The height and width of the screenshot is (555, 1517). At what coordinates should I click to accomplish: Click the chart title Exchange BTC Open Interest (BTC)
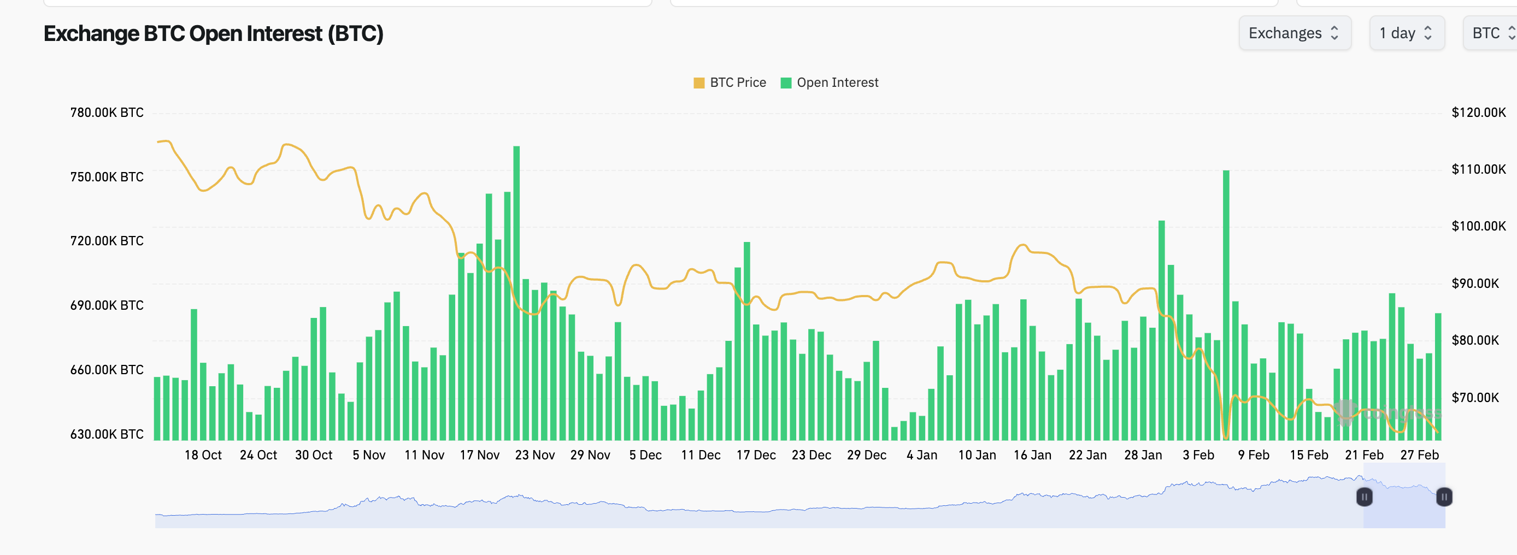(213, 33)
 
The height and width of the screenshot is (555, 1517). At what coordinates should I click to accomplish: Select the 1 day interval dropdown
(1406, 33)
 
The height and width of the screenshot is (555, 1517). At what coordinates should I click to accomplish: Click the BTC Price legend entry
(730, 82)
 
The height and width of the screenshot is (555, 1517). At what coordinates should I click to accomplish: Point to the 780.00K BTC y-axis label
(107, 113)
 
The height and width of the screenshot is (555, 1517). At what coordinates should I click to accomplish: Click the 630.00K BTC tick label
(107, 434)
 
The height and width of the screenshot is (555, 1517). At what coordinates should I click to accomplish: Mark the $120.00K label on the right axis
(1478, 113)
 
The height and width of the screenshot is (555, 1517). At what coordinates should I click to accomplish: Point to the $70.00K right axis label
(1474, 397)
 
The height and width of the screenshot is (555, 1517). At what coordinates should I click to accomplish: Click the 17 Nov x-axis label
(479, 455)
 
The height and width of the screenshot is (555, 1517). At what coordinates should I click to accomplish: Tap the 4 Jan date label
(922, 455)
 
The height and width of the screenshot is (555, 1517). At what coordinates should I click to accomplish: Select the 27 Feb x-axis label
(1419, 455)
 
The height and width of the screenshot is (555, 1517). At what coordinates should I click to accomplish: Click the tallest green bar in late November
(516, 294)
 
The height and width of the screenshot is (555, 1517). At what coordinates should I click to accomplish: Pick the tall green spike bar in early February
(1226, 306)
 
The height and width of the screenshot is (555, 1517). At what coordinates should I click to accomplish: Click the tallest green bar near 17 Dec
(746, 341)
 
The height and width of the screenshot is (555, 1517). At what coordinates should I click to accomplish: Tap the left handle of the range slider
(1364, 497)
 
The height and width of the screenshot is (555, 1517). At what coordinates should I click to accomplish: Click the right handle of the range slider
(1443, 497)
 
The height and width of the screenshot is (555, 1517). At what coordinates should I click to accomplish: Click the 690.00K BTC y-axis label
(107, 305)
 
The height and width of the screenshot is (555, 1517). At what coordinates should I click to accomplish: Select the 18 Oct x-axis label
(203, 455)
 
